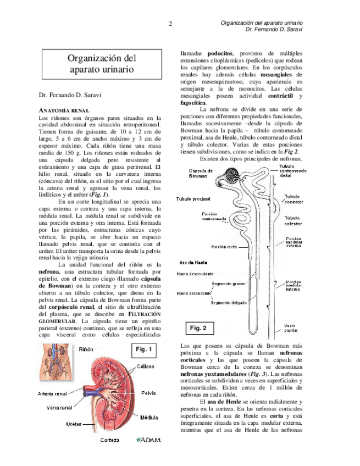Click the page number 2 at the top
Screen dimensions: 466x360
[x=171, y=24]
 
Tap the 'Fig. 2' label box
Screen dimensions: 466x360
[x=198, y=328]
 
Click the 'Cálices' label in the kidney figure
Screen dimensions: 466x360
[x=145, y=367]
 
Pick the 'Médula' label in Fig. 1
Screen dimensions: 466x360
[x=149, y=417]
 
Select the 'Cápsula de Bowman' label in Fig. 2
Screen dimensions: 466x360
[x=201, y=174]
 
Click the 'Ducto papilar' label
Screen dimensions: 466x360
[x=290, y=328]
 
